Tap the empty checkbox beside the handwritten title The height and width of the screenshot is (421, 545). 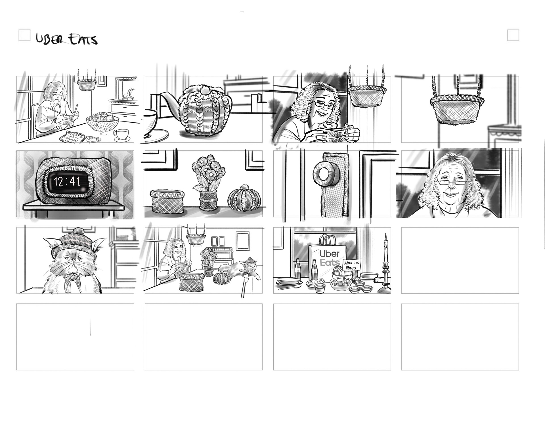click(x=24, y=35)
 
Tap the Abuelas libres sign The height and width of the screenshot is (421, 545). click(x=351, y=265)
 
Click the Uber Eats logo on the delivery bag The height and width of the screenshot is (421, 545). click(x=329, y=258)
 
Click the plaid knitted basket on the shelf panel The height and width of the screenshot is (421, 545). click(x=167, y=202)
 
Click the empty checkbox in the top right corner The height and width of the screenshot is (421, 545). click(x=513, y=35)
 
